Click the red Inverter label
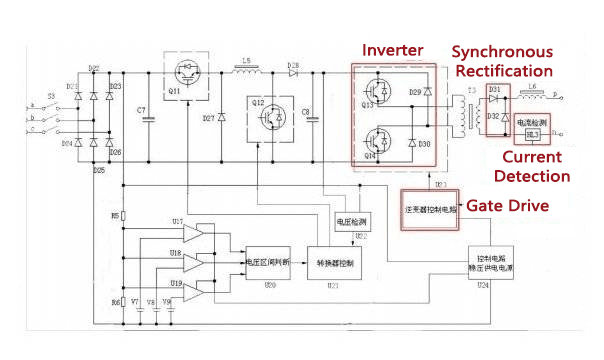pyautogui.click(x=394, y=50)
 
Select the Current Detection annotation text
pyautogui.click(x=536, y=166)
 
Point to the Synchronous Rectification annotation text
pyautogui.click(x=502, y=61)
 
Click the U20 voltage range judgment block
pyautogui.click(x=267, y=262)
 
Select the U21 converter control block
pyautogui.click(x=335, y=261)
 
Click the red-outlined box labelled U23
pyautogui.click(x=429, y=208)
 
